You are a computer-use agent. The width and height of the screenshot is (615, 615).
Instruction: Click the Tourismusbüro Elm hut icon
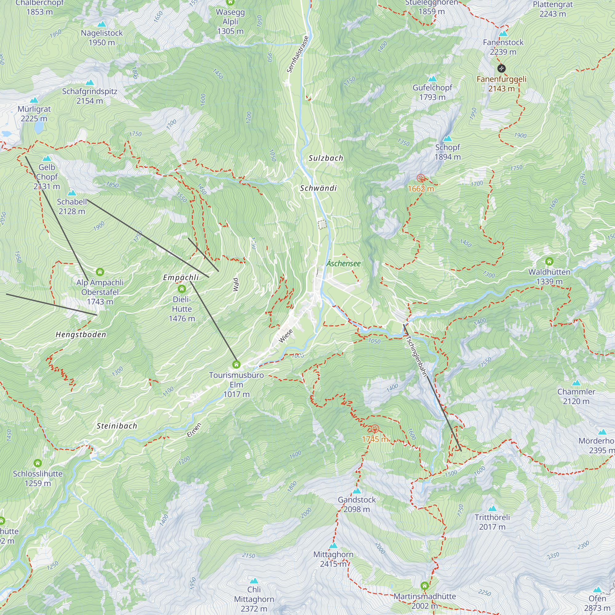[x=236, y=364]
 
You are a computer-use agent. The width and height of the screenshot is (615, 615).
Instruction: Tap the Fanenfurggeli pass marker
[x=501, y=68]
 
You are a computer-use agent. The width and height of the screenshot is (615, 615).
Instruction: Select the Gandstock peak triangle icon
[x=357, y=491]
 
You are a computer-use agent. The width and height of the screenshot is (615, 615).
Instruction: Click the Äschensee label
[x=343, y=264]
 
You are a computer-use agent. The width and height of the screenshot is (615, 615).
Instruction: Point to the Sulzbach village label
[x=326, y=158]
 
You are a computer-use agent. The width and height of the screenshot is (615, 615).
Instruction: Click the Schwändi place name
[x=318, y=188]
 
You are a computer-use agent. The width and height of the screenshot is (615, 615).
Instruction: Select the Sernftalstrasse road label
[x=298, y=54]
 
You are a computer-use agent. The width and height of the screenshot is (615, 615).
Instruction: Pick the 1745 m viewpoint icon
[x=375, y=429]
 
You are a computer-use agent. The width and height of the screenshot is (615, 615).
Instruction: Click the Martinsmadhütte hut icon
[x=425, y=586]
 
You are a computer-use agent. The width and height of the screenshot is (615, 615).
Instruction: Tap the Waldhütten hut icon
[x=549, y=262]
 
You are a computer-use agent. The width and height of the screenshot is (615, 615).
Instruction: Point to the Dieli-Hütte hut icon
[x=182, y=289]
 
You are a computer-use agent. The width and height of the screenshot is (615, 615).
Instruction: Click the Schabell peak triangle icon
[x=72, y=193]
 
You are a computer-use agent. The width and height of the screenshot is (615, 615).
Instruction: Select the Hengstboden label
[x=81, y=335]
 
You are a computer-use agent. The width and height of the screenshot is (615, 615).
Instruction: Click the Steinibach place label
[x=117, y=426]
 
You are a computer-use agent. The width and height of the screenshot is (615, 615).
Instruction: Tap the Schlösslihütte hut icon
[x=38, y=463]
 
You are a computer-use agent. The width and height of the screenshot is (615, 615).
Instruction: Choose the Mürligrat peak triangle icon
[x=34, y=100]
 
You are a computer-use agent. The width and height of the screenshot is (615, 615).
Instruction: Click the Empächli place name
[x=181, y=278]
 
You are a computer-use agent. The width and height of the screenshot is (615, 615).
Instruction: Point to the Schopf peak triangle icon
[x=447, y=138]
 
